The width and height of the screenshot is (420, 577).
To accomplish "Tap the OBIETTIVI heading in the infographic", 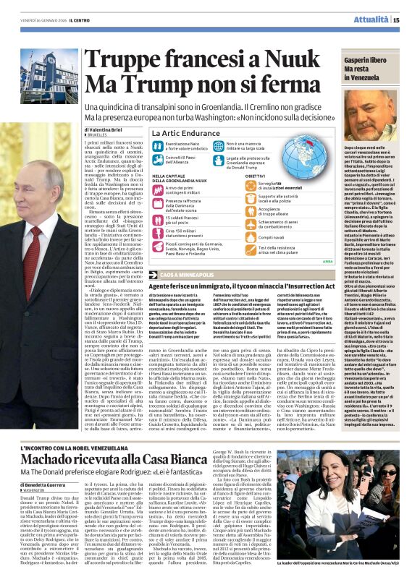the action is click(255, 175).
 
